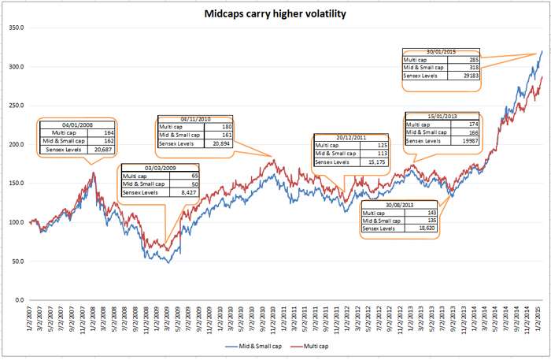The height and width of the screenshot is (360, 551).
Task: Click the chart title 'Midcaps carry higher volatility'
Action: point(275,13)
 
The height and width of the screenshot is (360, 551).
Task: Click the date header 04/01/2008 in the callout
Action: point(77,125)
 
